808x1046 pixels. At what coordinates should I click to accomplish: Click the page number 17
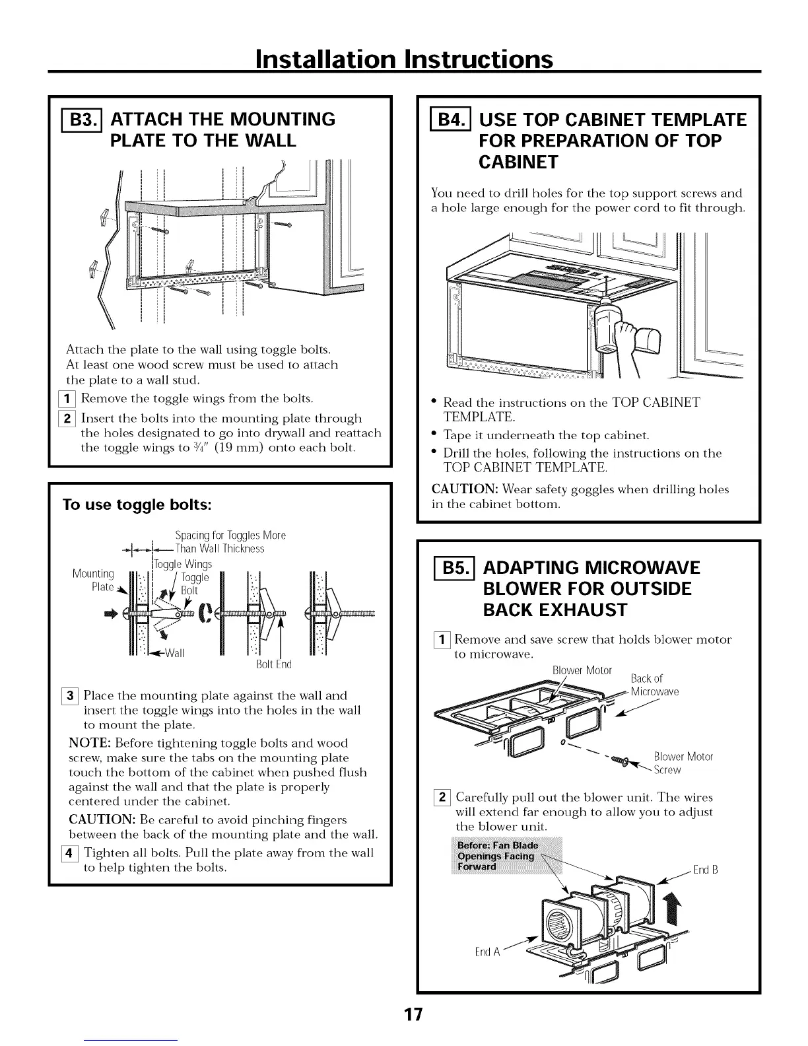[404, 1014]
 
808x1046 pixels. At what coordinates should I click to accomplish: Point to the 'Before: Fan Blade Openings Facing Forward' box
[497, 856]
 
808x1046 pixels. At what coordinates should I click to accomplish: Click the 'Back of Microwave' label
[654, 685]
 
